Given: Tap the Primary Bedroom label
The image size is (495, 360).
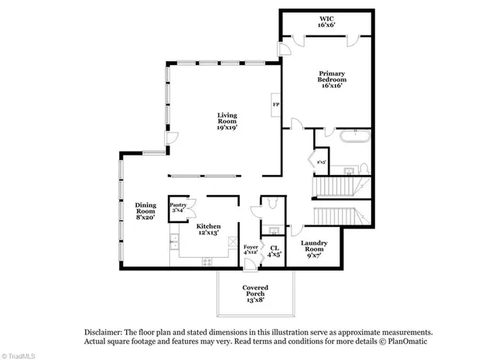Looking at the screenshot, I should coord(331,79).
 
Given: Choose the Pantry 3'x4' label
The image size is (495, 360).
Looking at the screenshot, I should coord(179,207).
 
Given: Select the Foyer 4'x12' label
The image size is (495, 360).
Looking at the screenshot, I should coord(251,249).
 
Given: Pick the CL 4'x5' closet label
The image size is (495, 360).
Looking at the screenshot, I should coord(274,251).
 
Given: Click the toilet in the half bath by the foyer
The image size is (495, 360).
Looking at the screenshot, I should coord(271,204).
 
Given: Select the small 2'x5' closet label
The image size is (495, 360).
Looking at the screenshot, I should coord(322,162).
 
